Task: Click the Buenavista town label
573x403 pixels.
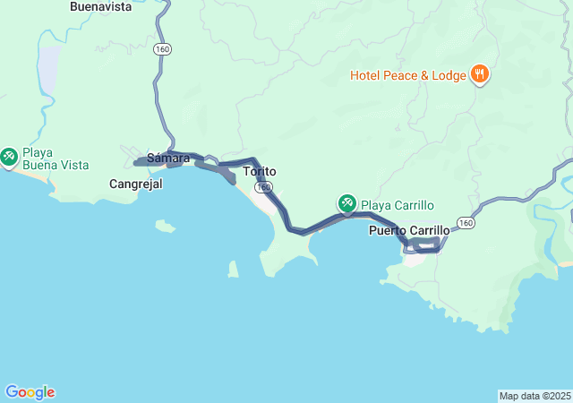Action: point(100,6)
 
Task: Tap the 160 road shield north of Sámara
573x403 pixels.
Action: point(161,49)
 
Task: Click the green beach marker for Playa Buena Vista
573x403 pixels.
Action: point(9,158)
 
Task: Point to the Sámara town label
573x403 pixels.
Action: point(168,159)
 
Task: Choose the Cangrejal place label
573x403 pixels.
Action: point(134,184)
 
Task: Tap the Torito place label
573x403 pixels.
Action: point(260,171)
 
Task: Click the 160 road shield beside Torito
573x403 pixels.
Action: point(265,186)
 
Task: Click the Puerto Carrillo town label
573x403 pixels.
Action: point(409,230)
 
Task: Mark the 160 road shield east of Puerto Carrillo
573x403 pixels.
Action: point(464,222)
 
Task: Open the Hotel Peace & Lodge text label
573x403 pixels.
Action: point(407,75)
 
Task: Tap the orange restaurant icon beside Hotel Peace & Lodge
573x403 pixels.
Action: point(480,74)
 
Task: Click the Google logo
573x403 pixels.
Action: point(30,392)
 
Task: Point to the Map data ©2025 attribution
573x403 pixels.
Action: point(535,396)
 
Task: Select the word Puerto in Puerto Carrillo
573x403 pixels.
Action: point(387,230)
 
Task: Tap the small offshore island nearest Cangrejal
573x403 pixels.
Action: point(164,226)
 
